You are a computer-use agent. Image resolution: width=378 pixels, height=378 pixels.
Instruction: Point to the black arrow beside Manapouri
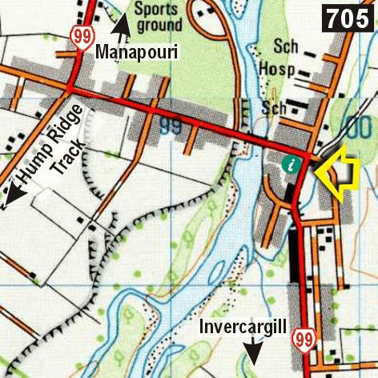pos(121,29)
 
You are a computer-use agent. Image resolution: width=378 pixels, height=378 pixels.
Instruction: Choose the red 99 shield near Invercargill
pos(302,338)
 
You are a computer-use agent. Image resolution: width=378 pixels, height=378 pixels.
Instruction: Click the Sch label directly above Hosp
pos(279,46)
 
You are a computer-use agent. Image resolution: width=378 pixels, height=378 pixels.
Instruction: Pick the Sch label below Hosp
pos(273,108)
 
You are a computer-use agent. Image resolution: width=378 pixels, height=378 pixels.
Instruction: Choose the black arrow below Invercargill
pos(255,350)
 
